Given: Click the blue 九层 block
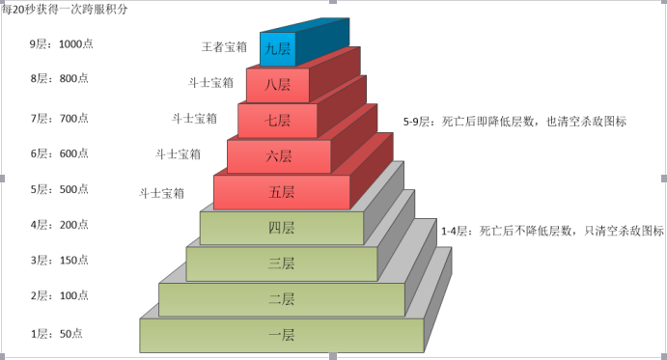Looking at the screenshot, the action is point(277,47).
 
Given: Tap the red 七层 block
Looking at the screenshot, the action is point(279,120).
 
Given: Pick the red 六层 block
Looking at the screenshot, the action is point(279,155).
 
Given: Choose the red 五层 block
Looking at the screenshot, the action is point(281,192).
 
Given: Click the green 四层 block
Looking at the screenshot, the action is point(281,228).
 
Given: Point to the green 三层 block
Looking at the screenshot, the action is point(281,263).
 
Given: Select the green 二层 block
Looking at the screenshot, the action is point(281,299).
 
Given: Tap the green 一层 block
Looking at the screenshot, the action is point(281,335).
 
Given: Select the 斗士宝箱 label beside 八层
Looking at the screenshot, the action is point(210,83).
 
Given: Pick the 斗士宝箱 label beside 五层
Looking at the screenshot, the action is point(163,193).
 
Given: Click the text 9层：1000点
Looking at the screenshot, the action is point(62,44).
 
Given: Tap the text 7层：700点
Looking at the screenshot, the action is point(59,118).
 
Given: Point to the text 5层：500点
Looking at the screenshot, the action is point(59,189).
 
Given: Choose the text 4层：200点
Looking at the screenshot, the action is point(59,225).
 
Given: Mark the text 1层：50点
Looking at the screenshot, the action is point(56,334).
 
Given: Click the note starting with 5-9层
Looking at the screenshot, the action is point(514,123).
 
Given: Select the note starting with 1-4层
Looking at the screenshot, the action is point(552,232).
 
